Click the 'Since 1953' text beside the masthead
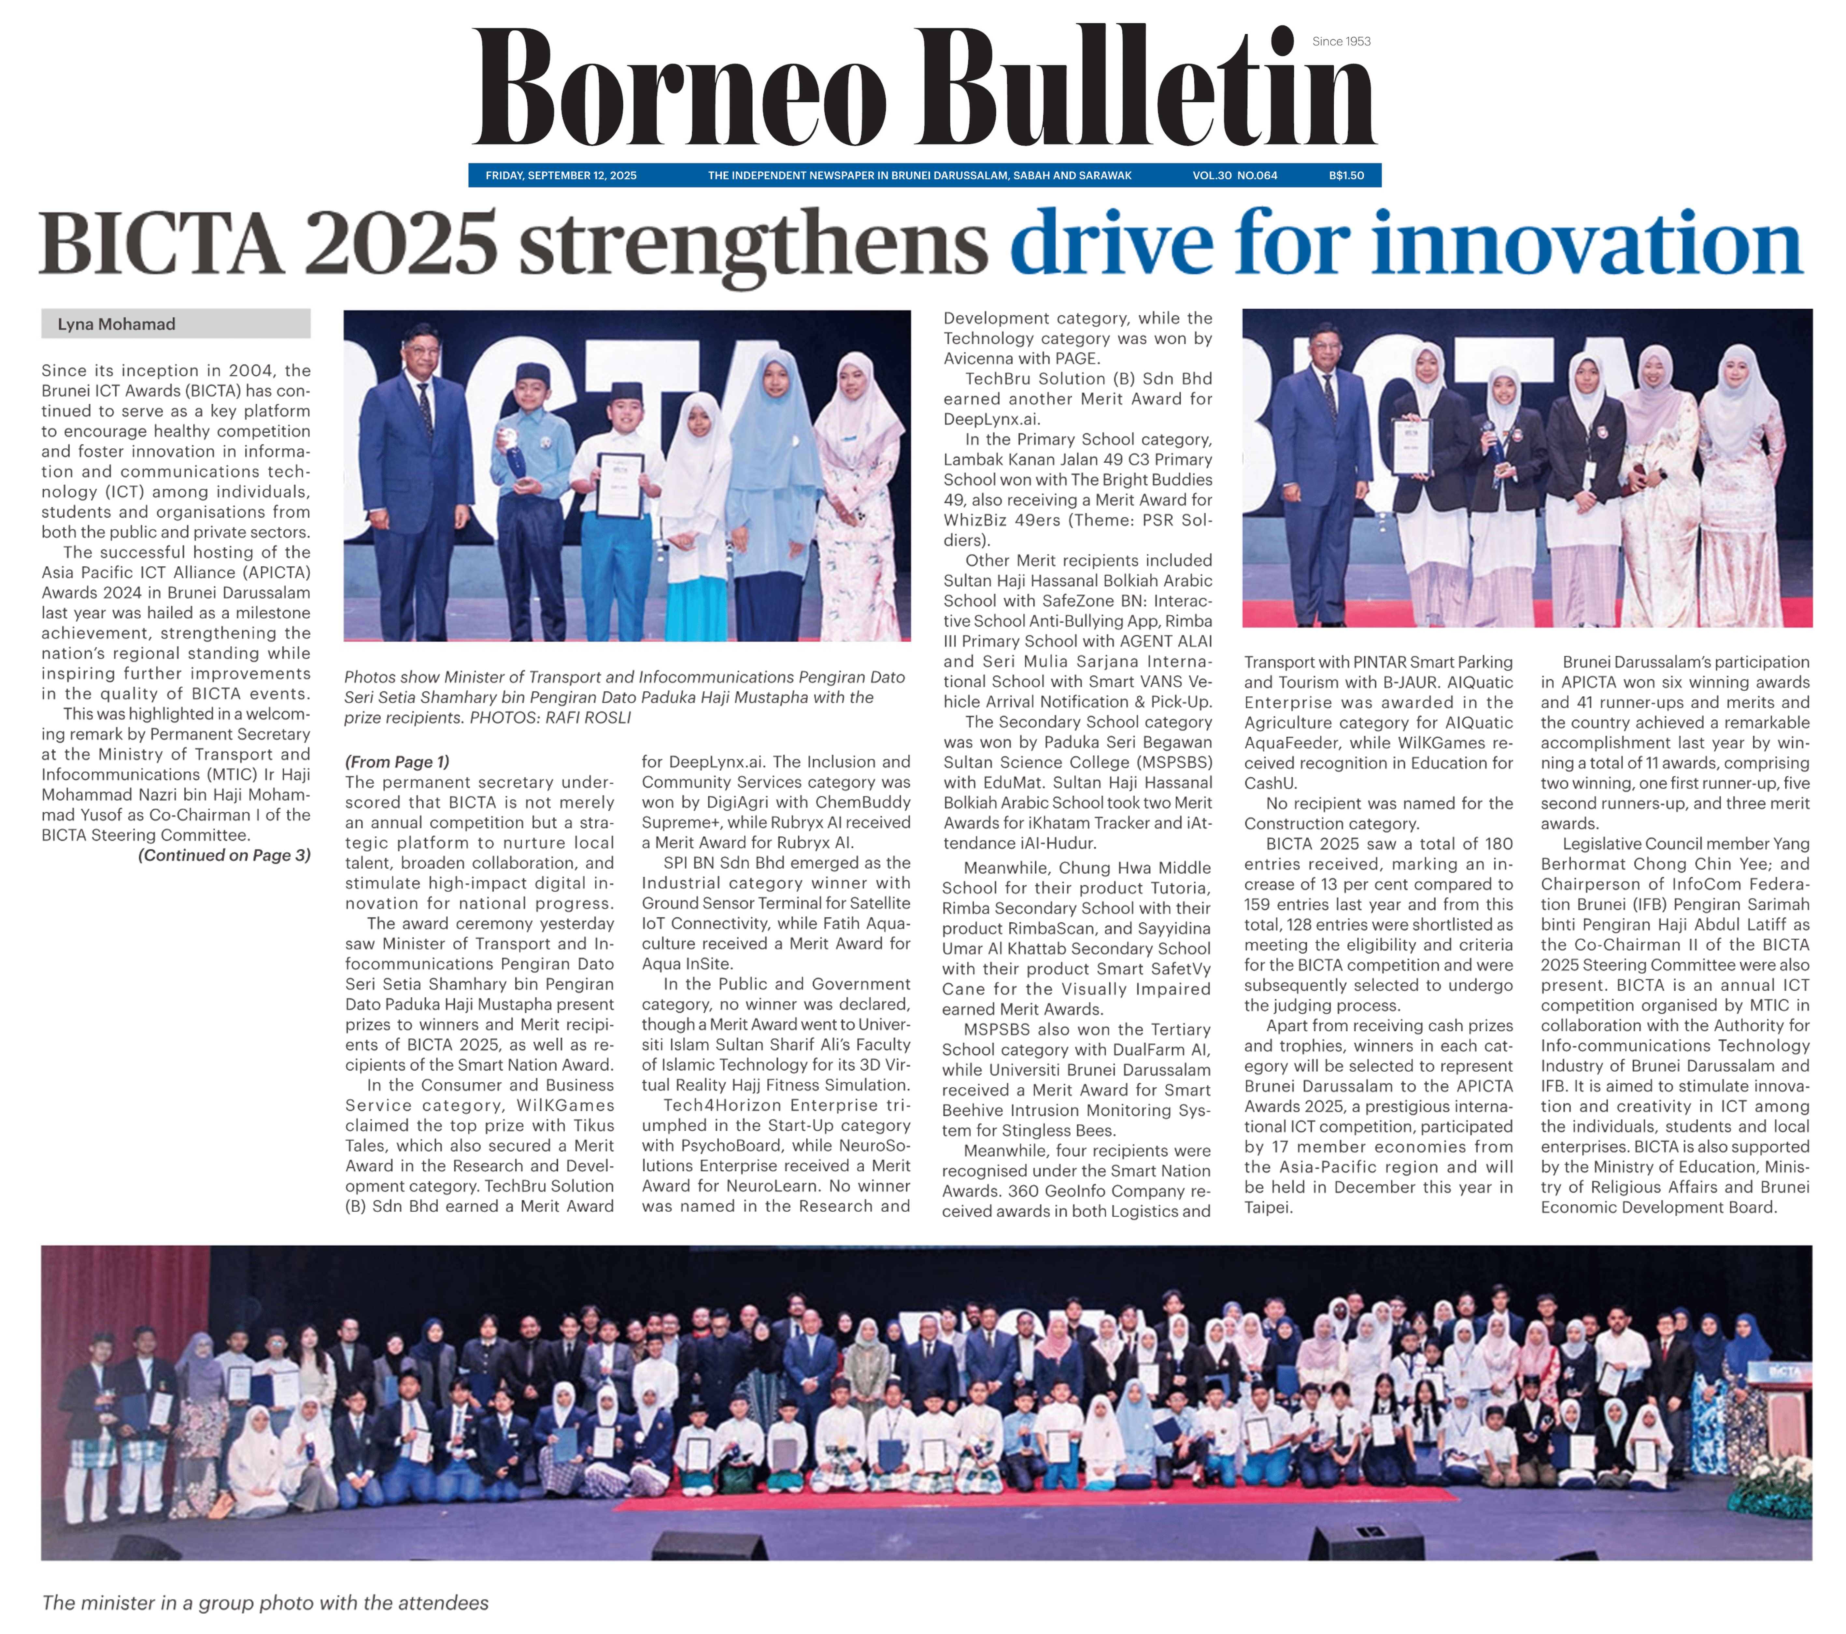pos(1341,42)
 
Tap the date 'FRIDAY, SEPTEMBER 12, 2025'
pos(561,175)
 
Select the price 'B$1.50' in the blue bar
pos(1346,175)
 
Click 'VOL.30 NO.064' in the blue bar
pos(1235,175)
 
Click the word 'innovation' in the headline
pos(1585,244)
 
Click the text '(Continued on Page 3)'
pos(224,855)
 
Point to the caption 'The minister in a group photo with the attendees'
pos(264,1602)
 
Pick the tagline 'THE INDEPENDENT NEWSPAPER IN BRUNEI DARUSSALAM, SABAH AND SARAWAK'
pos(919,175)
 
